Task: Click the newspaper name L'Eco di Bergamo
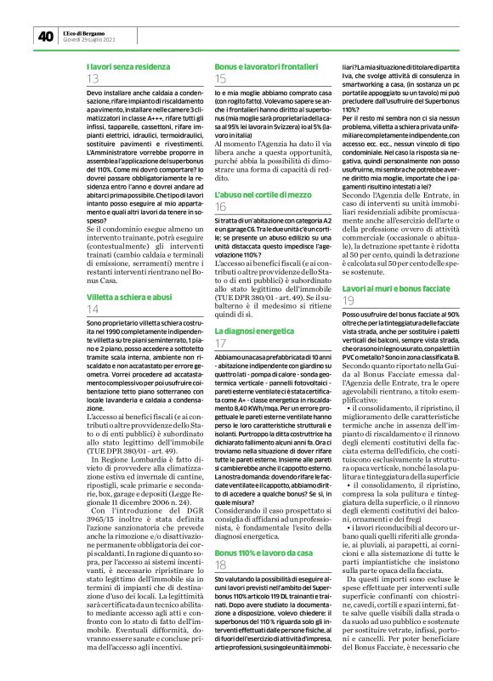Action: pos(88,32)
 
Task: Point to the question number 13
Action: pos(93,79)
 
